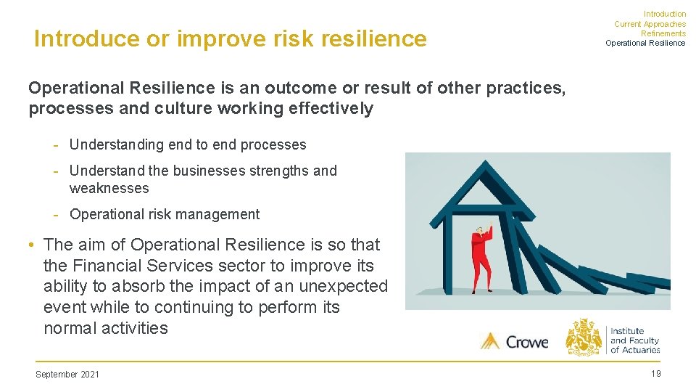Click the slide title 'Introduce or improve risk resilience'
[x=230, y=38]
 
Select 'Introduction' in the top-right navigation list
[x=664, y=14]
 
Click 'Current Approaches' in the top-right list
[x=650, y=24]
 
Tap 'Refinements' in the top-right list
[x=663, y=33]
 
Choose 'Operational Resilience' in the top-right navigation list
[x=645, y=43]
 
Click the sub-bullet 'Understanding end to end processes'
[x=188, y=144]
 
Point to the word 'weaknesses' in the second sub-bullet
[x=109, y=189]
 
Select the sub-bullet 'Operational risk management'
[x=164, y=214]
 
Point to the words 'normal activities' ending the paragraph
[x=106, y=328]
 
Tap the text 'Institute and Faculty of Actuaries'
[x=634, y=340]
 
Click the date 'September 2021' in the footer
[x=67, y=375]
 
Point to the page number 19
[x=655, y=374]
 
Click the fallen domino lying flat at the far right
[x=649, y=282]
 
